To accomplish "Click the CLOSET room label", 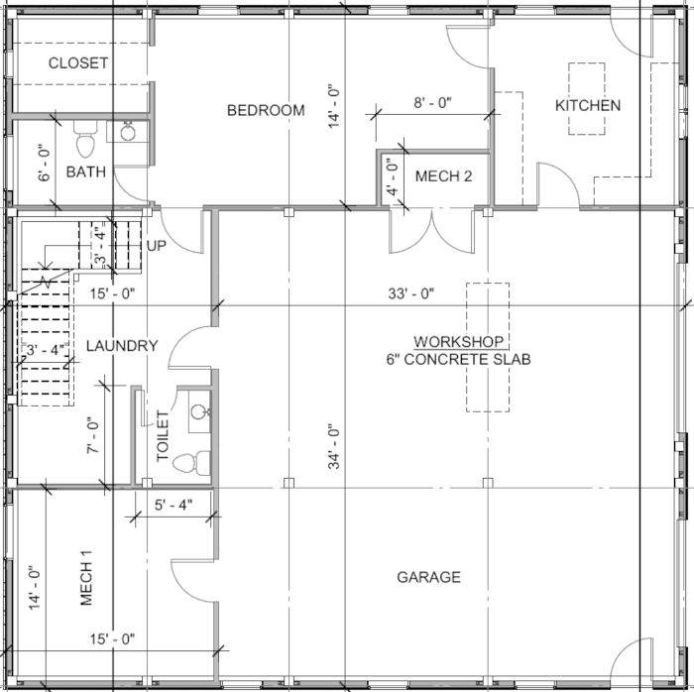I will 78,62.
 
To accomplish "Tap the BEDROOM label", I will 266,110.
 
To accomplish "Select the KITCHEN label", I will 588,106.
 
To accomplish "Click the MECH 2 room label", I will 442,176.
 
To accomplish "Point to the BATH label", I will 86,173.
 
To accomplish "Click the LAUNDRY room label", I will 122,346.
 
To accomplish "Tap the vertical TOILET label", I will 164,436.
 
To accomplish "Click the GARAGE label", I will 428,577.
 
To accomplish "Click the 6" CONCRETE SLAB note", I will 458,359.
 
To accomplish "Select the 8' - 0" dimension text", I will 432,102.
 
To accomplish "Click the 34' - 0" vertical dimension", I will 334,446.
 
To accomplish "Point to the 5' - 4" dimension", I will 173,505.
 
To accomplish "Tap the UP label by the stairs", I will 157,245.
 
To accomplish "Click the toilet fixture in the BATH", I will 85,142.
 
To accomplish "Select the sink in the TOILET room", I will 197,411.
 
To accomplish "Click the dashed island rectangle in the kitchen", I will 586,98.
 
